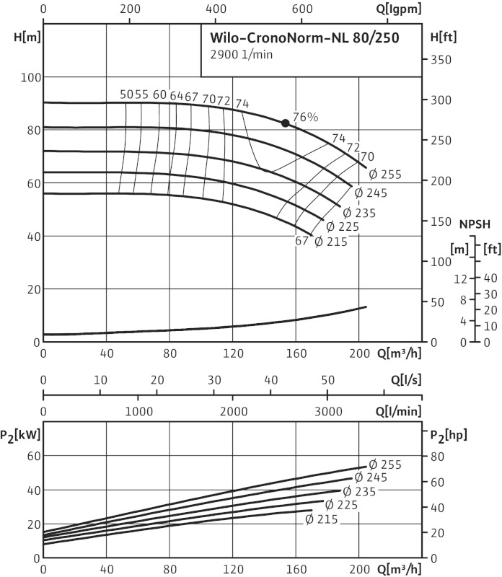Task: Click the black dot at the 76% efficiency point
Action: pos(285,123)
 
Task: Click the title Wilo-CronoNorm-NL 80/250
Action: pos(304,37)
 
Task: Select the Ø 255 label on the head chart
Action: pos(384,175)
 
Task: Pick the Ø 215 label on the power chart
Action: pos(318,519)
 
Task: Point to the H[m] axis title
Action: pos(21,37)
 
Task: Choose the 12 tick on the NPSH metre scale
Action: pos(462,278)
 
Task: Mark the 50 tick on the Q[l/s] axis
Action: pos(327,380)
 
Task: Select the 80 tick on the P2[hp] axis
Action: pos(437,456)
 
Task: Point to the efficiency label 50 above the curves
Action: pos(126,95)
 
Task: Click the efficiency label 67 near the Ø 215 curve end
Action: pos(301,242)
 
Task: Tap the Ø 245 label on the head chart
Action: pos(371,193)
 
